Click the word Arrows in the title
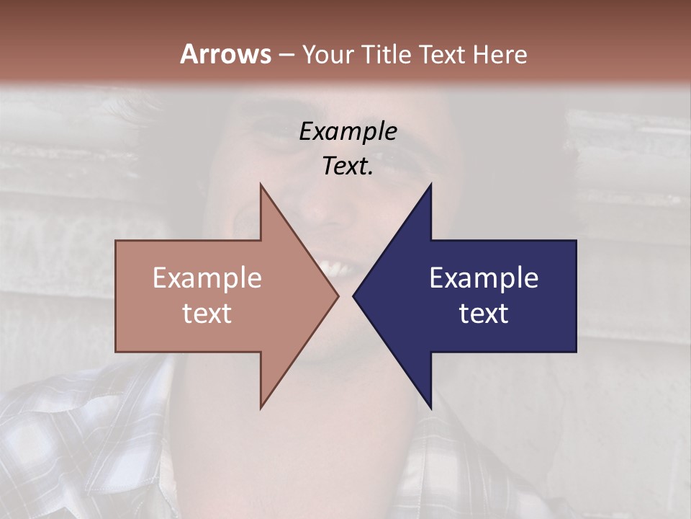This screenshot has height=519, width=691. pyautogui.click(x=225, y=54)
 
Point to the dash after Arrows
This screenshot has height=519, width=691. pyautogui.click(x=286, y=55)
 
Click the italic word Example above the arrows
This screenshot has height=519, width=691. pyautogui.click(x=348, y=132)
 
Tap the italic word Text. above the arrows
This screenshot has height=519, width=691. pyautogui.click(x=348, y=167)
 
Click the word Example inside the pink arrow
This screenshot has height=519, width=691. pyautogui.click(x=207, y=278)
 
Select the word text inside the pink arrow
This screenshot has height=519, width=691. pyautogui.click(x=207, y=314)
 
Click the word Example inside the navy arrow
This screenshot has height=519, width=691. pyautogui.click(x=484, y=278)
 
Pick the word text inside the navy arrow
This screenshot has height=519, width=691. pyautogui.click(x=484, y=314)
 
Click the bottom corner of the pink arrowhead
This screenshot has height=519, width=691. pyautogui.click(x=261, y=407)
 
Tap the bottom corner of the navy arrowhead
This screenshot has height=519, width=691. pyautogui.click(x=430, y=407)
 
